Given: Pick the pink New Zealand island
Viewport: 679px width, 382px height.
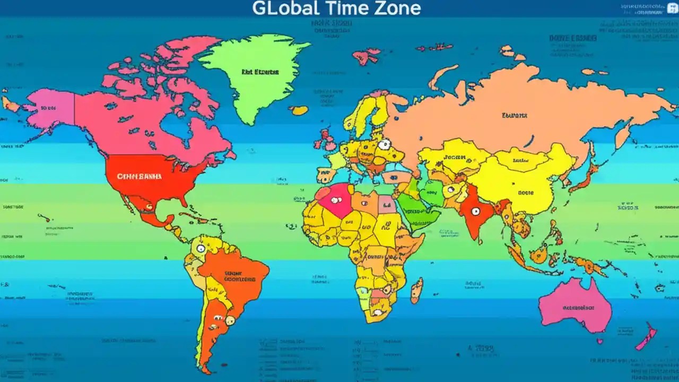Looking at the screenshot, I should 647,337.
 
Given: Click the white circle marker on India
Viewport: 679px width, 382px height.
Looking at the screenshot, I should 475,211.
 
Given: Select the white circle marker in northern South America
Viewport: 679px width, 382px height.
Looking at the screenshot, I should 201,248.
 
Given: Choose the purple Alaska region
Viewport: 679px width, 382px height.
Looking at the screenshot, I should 50,109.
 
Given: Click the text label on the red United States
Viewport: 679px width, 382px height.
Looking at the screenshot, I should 139,176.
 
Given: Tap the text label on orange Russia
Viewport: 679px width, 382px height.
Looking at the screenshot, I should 515,115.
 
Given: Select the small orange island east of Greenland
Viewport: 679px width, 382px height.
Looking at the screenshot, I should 299,110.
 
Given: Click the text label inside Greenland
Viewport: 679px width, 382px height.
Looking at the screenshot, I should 260,72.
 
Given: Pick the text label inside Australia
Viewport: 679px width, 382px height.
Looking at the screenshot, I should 577,307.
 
